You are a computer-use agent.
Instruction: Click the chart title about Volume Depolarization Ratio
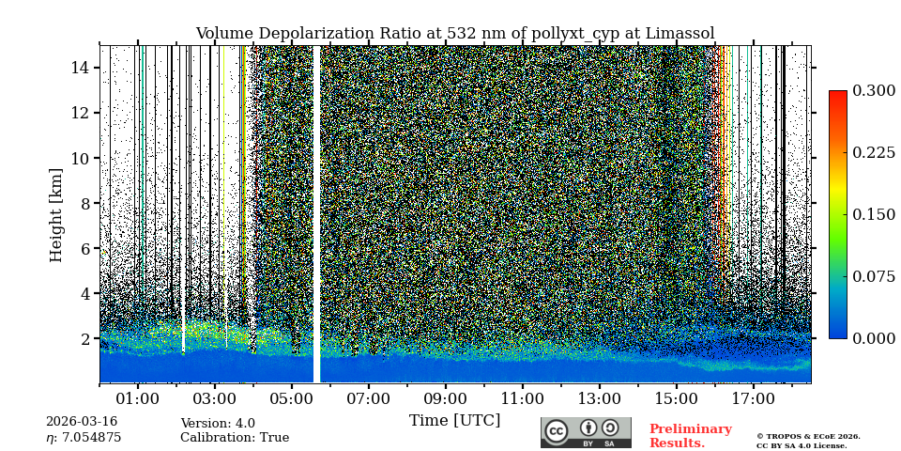(454, 34)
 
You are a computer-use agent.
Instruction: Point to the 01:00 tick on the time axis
(138, 399)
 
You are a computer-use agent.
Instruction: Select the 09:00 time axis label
(445, 399)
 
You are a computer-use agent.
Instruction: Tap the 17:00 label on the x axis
(753, 399)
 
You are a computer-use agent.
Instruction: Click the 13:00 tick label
(599, 399)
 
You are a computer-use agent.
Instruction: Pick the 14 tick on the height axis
(80, 68)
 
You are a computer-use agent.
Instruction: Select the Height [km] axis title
(56, 214)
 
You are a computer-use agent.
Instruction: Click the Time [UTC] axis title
(454, 420)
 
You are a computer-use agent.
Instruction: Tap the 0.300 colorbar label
(874, 90)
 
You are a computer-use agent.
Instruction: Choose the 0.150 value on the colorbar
(874, 214)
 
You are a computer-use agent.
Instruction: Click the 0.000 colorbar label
(874, 338)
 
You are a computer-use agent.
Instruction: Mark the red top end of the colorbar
(837, 95)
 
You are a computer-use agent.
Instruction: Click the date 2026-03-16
(81, 423)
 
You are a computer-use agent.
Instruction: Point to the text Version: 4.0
(218, 424)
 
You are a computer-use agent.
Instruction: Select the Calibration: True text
(235, 438)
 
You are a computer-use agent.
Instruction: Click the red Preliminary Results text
(690, 436)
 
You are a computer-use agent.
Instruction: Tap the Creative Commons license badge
(586, 432)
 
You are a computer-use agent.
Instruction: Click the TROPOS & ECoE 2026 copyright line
(808, 437)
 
